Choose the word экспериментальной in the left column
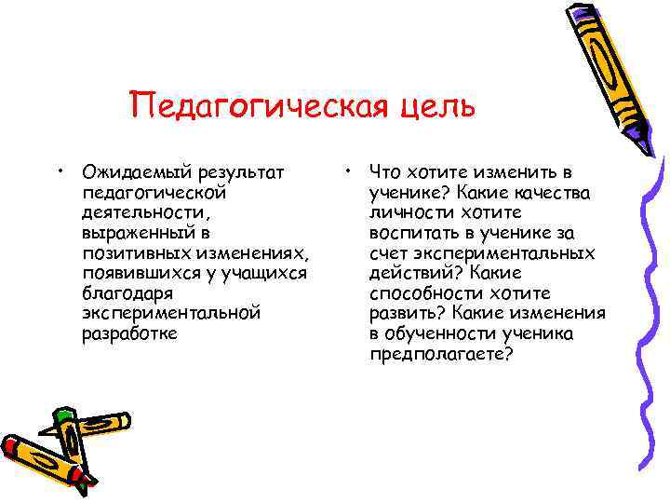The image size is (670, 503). click(171, 314)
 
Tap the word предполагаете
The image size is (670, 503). click(437, 354)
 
